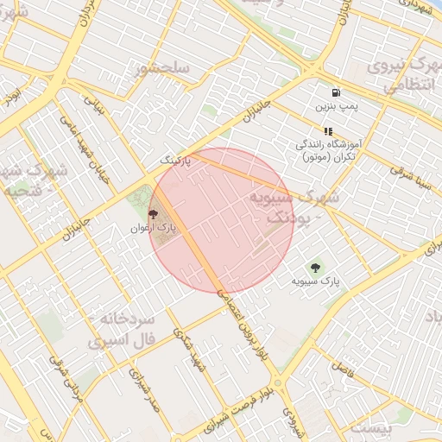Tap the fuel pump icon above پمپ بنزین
click(x=335, y=93)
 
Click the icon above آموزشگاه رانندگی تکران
click(x=328, y=131)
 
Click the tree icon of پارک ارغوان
click(x=154, y=212)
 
